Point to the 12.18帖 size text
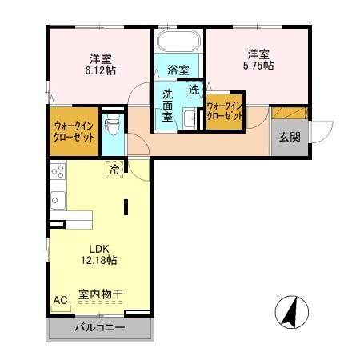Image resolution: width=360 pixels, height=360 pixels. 99,260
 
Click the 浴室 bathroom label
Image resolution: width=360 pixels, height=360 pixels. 178,70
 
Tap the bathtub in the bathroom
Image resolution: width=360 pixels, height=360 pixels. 178,43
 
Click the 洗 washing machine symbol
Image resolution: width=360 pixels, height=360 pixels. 194,90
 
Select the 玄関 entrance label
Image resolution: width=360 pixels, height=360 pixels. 289,138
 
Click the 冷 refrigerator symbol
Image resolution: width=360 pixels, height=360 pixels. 114,170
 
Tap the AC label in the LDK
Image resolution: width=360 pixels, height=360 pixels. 59,300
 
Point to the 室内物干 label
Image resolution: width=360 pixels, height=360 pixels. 100,294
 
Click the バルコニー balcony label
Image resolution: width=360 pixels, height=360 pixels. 99,327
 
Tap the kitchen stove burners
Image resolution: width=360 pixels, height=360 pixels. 58,170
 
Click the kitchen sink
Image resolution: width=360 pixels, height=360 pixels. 58,198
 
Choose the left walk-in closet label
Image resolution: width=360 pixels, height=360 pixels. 74,131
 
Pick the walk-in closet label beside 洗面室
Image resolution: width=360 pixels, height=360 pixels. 225,110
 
